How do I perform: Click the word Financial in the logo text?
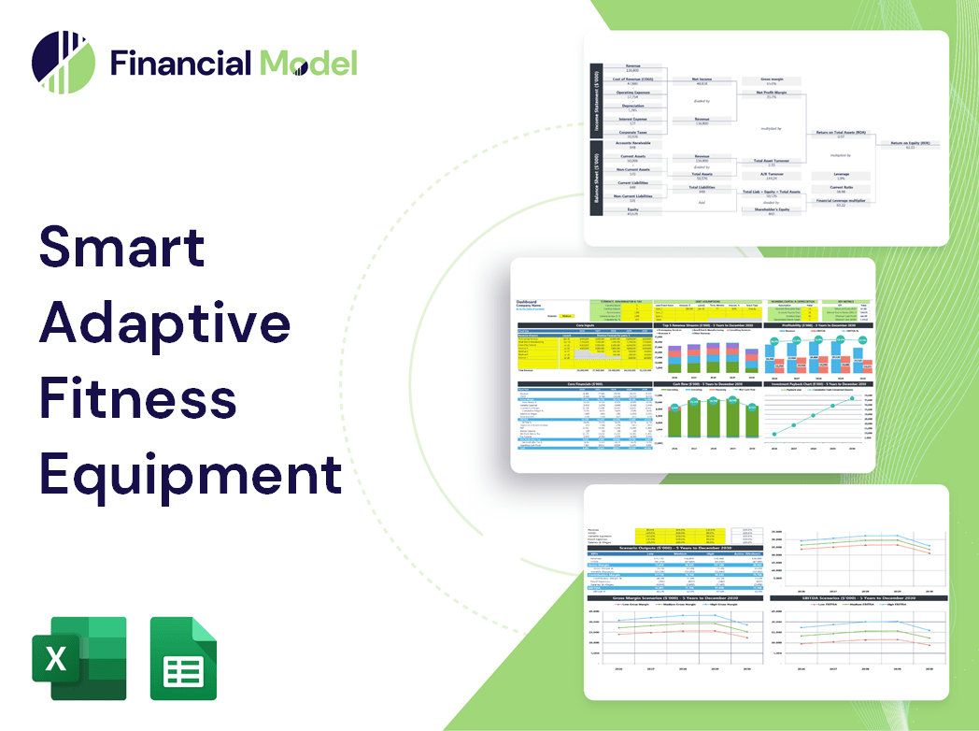tap(180, 63)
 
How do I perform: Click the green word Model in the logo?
tap(308, 63)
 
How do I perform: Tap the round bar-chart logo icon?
tap(64, 63)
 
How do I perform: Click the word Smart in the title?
tap(121, 246)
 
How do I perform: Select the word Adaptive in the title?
tap(164, 322)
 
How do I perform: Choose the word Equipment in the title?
tap(191, 473)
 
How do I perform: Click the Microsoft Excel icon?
tap(79, 658)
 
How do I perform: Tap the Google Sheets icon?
tap(184, 658)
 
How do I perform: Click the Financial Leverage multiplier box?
tap(841, 202)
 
